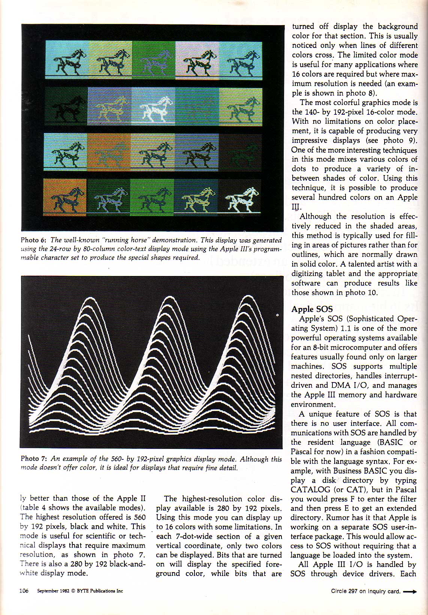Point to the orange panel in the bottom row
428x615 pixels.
(64, 197)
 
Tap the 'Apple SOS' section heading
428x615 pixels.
(312, 309)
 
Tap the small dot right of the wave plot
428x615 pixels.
(277, 315)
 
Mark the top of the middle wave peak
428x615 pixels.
(166, 298)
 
